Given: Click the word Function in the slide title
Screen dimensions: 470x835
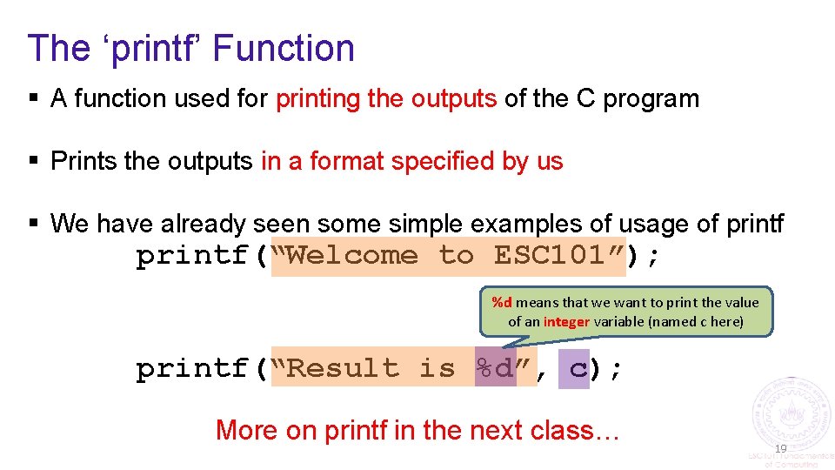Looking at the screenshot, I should coord(284,48).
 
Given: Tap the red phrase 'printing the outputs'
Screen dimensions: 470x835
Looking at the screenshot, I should coord(386,99).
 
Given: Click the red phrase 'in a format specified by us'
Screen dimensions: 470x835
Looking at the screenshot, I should coord(411,162).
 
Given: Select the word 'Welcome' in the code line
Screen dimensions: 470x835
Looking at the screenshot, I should coord(351,256).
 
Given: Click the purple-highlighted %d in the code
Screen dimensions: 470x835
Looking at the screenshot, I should coord(495,369).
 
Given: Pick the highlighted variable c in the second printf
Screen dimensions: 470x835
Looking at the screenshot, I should coord(578,369).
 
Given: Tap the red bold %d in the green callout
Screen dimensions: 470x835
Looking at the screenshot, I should coord(502,303).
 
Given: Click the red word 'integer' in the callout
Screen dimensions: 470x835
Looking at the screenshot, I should coord(566,321).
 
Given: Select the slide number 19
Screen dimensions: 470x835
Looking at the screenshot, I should coord(780,448).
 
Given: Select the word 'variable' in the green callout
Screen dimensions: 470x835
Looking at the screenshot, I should coord(621,321).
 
